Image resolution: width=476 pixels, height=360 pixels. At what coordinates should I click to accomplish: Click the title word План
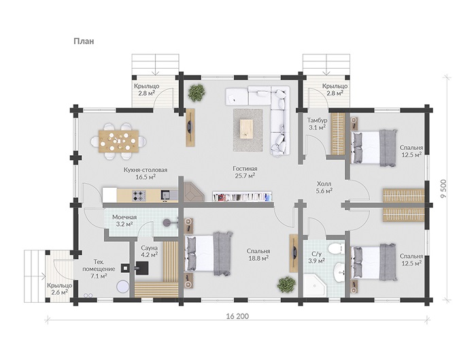tap(84, 41)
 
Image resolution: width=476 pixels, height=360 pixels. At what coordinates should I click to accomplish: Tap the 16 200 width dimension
tap(237, 316)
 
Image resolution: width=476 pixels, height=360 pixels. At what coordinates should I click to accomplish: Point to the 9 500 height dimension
tap(443, 188)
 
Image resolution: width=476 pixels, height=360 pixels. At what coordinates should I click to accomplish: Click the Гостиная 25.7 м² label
tap(245, 172)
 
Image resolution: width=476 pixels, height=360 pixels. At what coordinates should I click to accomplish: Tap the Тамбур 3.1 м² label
tap(318, 124)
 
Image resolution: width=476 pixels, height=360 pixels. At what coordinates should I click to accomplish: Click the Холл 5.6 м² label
tap(324, 187)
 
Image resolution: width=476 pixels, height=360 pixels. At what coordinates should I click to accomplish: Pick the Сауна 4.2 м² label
tap(149, 252)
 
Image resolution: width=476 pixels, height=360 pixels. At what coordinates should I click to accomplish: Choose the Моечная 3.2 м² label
tap(124, 221)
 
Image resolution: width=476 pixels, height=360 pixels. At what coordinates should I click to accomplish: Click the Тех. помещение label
tap(99, 265)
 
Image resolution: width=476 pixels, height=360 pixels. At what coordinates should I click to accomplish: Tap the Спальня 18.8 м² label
tap(258, 255)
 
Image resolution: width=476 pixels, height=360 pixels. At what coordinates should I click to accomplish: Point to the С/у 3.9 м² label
tap(317, 257)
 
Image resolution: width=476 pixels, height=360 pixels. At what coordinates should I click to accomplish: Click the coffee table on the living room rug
tap(246, 129)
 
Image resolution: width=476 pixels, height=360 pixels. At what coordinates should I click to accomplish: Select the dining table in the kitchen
tap(119, 141)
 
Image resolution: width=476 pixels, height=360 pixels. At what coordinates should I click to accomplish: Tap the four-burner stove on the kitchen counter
tap(139, 195)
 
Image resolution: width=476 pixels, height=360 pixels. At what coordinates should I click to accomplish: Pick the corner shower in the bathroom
tap(315, 286)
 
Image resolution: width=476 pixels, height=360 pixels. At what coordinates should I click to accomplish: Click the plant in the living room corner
tap(196, 93)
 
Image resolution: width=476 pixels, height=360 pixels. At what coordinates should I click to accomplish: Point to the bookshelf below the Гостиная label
tap(242, 197)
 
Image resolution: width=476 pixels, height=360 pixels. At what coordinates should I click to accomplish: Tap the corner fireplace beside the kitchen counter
tap(193, 192)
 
